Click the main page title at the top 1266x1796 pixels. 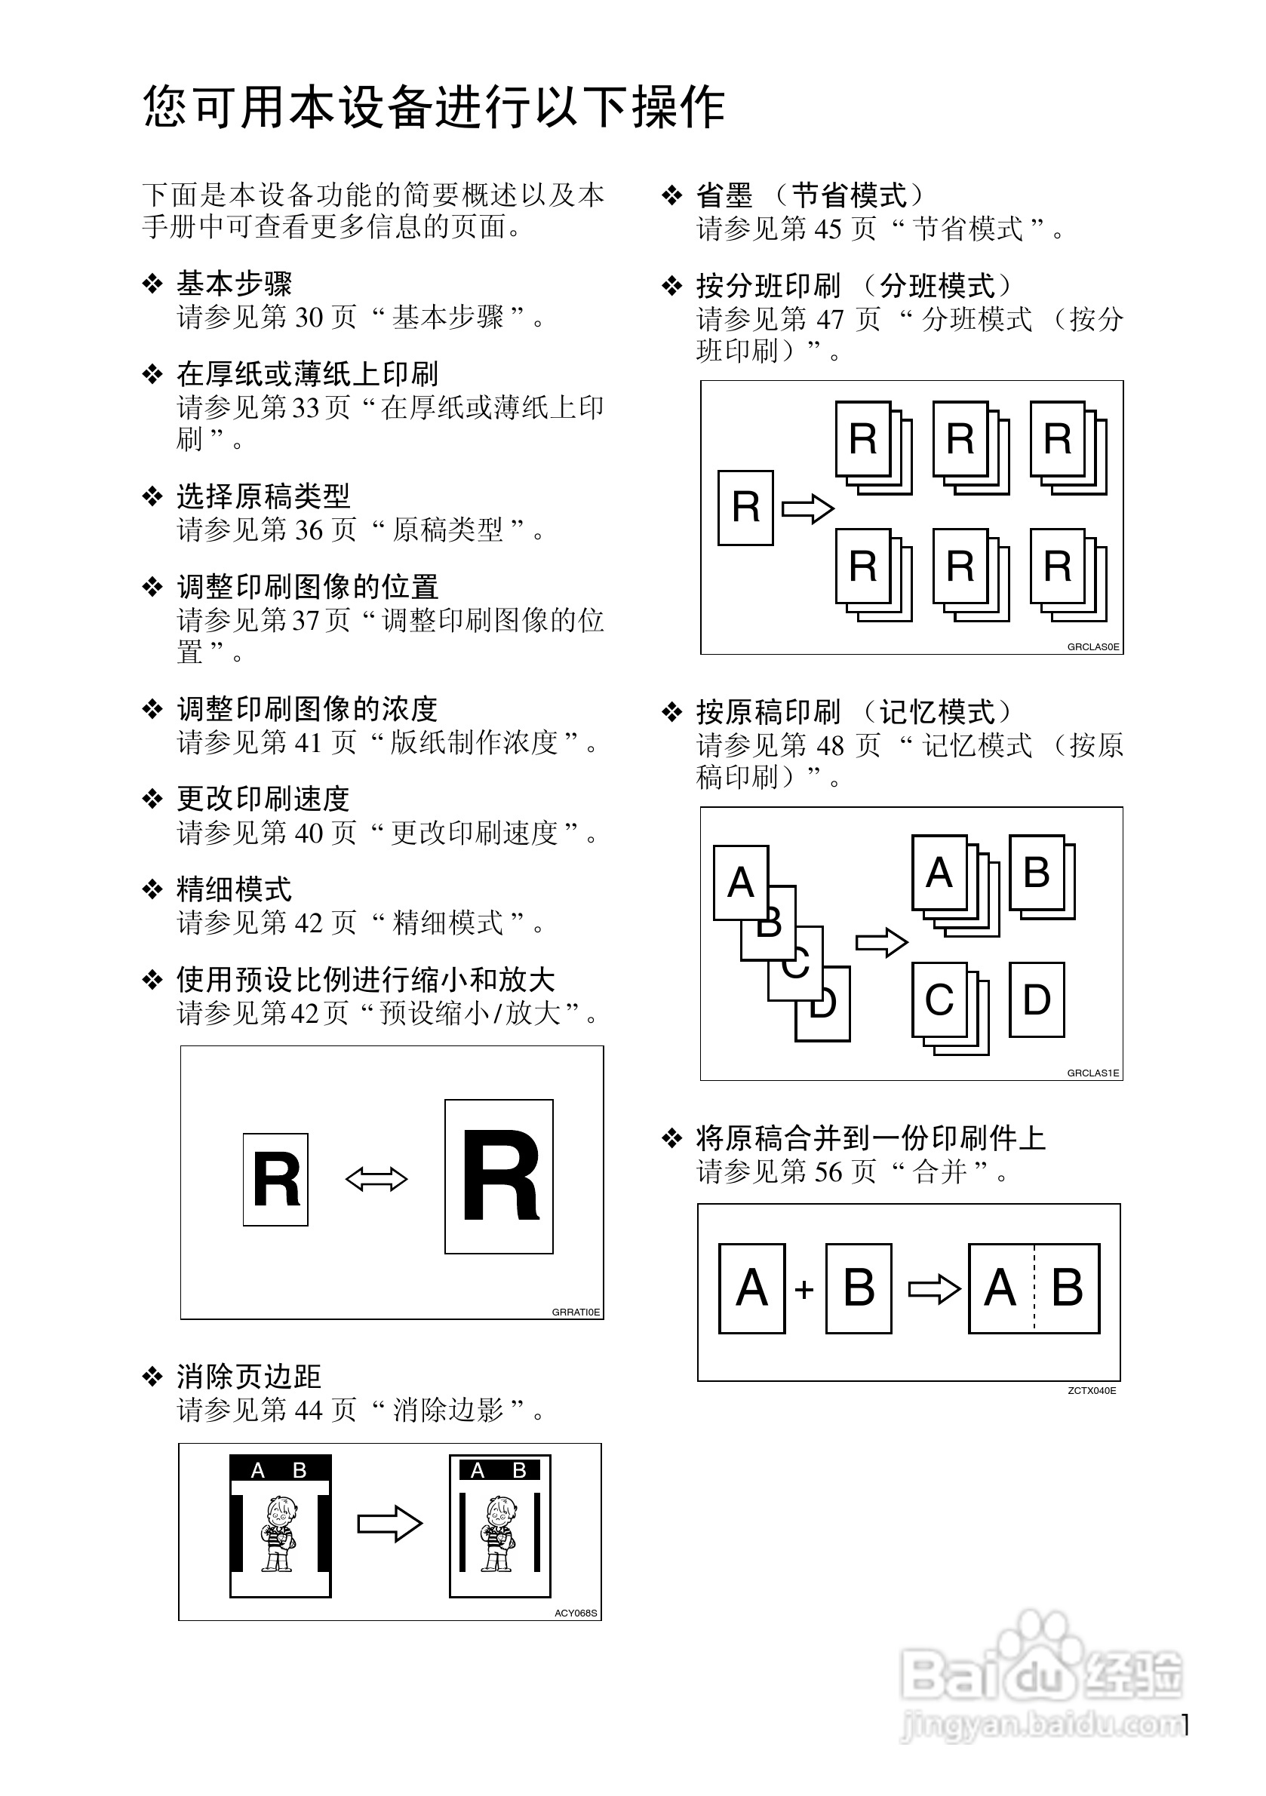click(435, 107)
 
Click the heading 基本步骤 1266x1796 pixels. click(234, 283)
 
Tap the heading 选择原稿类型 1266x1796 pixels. click(263, 496)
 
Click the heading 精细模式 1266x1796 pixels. click(234, 889)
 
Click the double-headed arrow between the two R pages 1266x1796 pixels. click(376, 1179)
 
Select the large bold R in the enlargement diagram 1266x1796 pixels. click(501, 1176)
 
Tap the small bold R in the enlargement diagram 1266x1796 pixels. click(276, 1180)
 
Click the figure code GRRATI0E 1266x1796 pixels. click(576, 1312)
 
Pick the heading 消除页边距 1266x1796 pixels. click(249, 1377)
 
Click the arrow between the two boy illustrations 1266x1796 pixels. click(389, 1524)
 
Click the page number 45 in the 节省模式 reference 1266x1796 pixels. click(828, 229)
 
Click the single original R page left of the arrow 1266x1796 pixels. click(745, 507)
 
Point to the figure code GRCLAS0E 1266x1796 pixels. click(1093, 647)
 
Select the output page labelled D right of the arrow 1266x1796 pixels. click(1037, 999)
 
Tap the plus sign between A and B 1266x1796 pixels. click(804, 1289)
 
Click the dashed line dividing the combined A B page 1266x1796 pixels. click(1034, 1288)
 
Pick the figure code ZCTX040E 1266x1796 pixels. click(1092, 1390)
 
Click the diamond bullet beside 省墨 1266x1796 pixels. click(672, 195)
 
